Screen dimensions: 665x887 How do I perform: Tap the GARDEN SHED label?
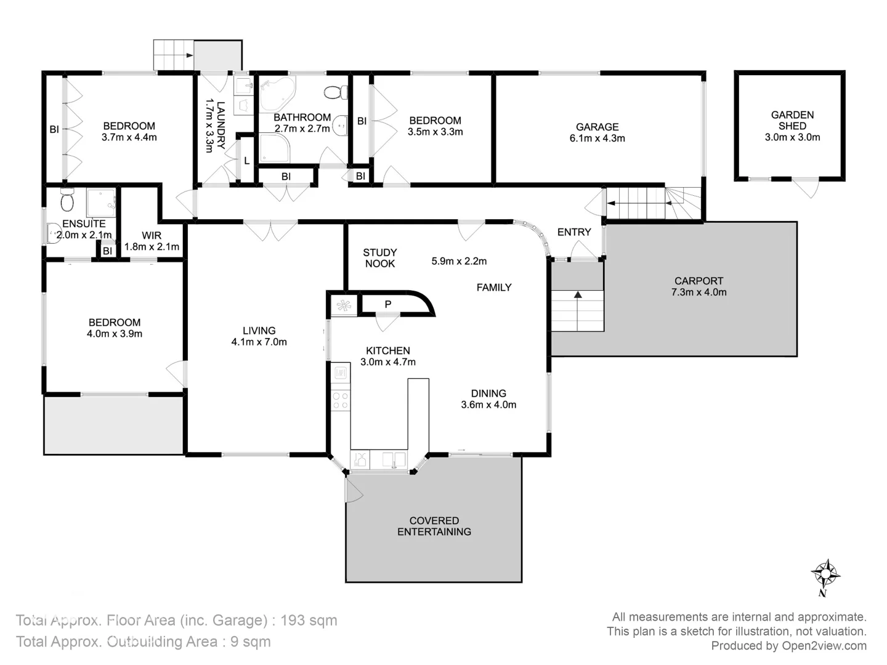point(792,126)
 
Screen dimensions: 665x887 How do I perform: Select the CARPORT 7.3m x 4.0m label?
point(699,286)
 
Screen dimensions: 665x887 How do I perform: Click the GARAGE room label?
point(597,132)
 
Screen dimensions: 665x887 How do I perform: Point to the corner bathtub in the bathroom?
point(276,93)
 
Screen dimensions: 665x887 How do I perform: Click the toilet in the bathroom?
point(334,93)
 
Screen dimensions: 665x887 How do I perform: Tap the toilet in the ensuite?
point(68,200)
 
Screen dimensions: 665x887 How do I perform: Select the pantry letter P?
point(387,304)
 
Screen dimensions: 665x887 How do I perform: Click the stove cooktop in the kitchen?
point(340,400)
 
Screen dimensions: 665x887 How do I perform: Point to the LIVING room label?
point(259,336)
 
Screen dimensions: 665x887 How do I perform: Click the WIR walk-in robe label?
point(152,241)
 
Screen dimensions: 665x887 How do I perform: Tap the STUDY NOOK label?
point(380,258)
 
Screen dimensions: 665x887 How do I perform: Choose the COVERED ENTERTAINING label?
point(434,526)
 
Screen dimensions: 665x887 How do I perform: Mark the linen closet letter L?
point(246,161)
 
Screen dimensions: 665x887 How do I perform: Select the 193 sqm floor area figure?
point(309,620)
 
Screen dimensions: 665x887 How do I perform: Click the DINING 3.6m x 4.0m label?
point(488,399)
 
